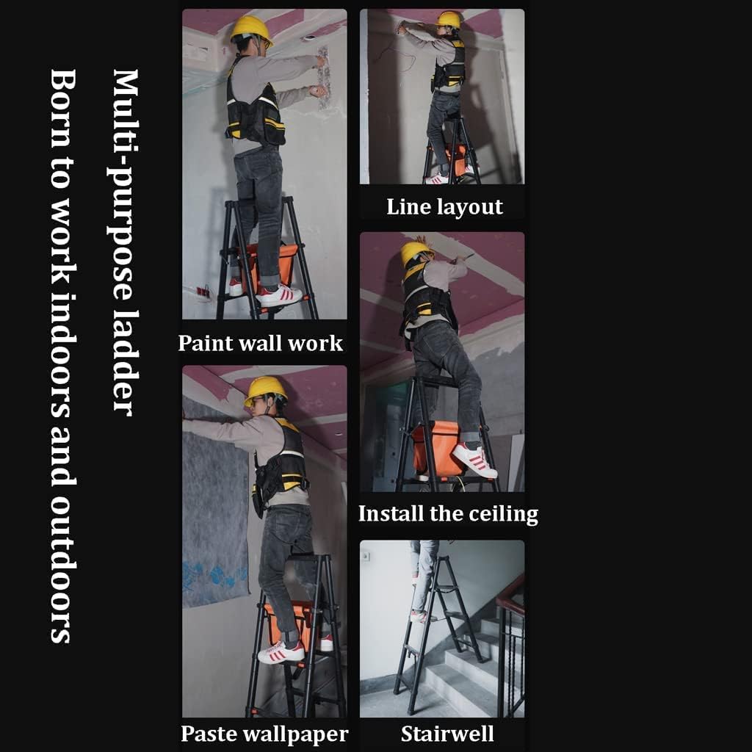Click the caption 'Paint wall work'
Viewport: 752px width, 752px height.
(261, 343)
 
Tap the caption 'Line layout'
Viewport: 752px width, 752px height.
(444, 206)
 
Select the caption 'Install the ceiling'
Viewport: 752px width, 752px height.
(448, 513)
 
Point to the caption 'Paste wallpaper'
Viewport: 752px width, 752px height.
(264, 733)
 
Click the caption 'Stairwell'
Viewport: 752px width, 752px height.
(447, 733)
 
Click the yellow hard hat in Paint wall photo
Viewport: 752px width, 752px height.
(250, 29)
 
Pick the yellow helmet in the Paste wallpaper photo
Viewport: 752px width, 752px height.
(265, 388)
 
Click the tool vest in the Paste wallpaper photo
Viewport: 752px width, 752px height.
(283, 463)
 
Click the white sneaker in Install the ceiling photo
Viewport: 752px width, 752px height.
(473, 460)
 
